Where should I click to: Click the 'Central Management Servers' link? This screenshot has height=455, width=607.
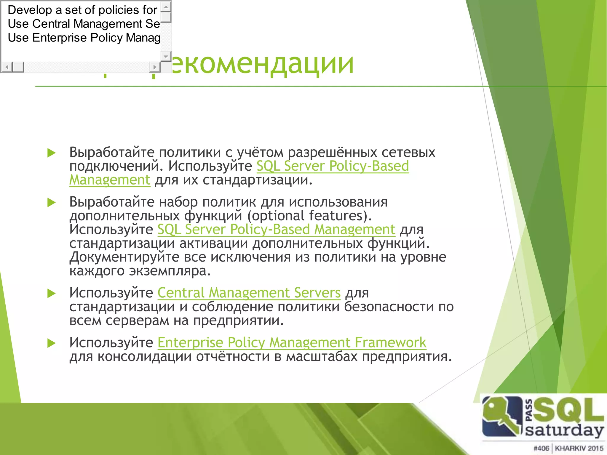click(x=249, y=293)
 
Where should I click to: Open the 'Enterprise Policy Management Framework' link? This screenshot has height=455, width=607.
click(x=292, y=343)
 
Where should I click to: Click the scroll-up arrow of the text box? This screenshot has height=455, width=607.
click(x=166, y=7)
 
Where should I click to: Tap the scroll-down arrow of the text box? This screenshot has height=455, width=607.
click(x=166, y=56)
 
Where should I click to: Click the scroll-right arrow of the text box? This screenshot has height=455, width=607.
click(x=154, y=67)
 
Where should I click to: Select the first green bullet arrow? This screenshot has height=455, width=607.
click(x=52, y=153)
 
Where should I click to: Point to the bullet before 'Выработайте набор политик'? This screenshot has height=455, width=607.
click(x=52, y=203)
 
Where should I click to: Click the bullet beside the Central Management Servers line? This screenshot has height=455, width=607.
click(x=52, y=294)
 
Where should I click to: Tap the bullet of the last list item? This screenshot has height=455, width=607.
click(x=52, y=343)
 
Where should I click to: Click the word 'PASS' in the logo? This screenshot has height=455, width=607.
click(x=529, y=410)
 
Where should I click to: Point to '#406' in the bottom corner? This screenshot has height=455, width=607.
click(x=541, y=448)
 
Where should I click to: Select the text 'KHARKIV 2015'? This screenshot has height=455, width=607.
click(x=579, y=448)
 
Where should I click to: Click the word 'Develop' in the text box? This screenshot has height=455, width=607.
click(x=30, y=10)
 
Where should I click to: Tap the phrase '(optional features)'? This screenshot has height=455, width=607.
click(x=309, y=216)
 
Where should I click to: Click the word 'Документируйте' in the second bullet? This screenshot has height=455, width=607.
click(x=124, y=257)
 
